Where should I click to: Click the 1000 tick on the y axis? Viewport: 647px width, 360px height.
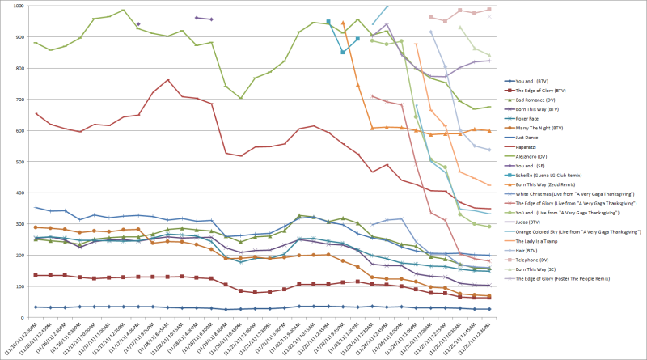(15, 6)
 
